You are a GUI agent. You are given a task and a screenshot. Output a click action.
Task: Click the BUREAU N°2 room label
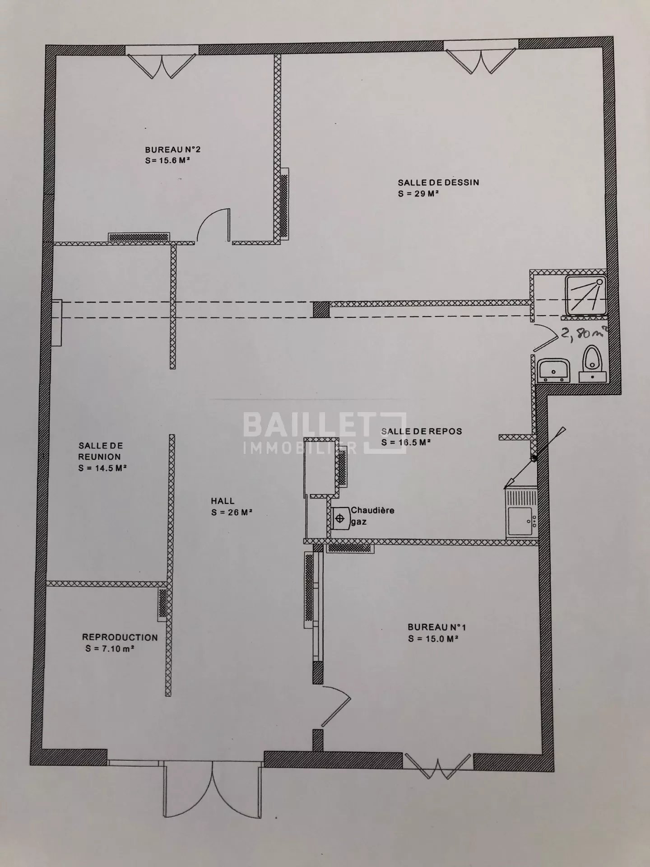[172, 149]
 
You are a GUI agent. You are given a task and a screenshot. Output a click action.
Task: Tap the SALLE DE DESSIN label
[438, 183]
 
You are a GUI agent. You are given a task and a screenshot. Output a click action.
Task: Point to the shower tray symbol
[586, 295]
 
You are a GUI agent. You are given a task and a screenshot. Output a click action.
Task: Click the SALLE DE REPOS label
[422, 431]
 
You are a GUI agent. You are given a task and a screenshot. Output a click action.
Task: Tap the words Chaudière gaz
[372, 516]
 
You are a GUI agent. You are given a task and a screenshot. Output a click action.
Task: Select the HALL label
[223, 501]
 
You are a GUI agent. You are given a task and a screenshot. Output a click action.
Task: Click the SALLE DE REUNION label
[100, 451]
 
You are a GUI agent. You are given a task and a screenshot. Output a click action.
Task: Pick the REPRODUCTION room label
[120, 638]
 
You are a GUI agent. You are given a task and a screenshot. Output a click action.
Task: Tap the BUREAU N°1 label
[436, 627]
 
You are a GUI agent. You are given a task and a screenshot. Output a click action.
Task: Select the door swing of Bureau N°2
[213, 225]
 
